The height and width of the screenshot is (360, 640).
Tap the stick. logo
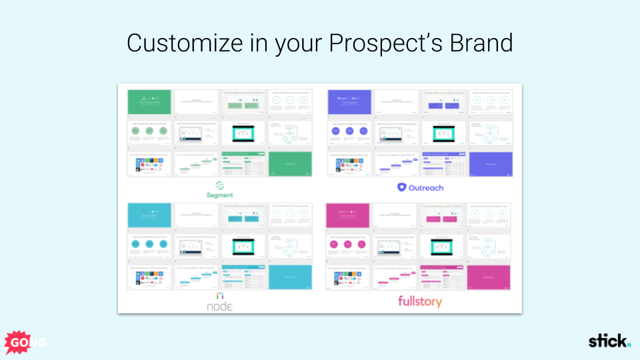(x=609, y=341)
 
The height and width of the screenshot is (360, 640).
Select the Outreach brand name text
(x=426, y=187)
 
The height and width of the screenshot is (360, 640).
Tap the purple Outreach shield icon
(x=402, y=187)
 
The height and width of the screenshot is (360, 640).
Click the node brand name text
(x=219, y=306)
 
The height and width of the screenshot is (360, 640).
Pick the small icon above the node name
(x=219, y=295)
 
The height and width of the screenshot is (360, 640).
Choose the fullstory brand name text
(x=420, y=301)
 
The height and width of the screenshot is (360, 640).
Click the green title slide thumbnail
(x=149, y=101)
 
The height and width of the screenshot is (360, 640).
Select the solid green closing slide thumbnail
(x=290, y=164)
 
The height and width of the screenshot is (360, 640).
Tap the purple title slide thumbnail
(x=349, y=101)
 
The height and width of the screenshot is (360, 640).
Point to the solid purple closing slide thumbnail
(x=491, y=164)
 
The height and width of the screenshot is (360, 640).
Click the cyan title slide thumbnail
(x=149, y=215)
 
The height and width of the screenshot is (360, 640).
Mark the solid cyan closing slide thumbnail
(x=290, y=277)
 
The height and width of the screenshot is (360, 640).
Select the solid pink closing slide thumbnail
(x=489, y=277)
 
